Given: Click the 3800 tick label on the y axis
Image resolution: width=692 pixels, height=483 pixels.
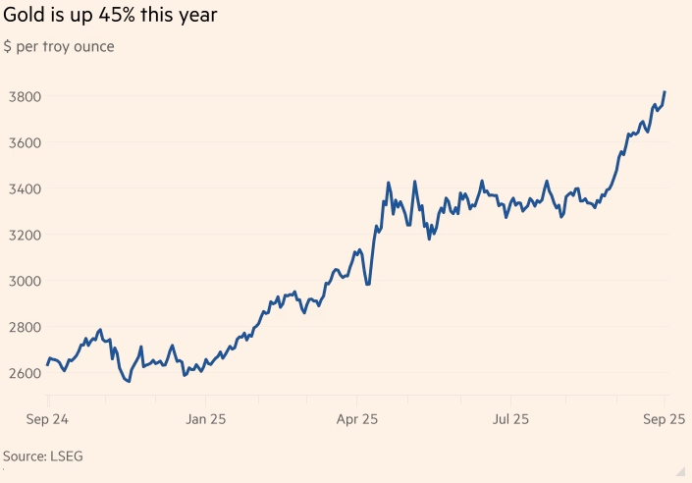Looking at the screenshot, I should (22, 96).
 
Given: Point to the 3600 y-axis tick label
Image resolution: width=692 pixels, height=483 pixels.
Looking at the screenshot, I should (22, 142).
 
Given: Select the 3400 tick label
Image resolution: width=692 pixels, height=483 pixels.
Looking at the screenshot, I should (22, 188).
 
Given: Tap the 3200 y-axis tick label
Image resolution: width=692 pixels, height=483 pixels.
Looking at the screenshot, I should (22, 235).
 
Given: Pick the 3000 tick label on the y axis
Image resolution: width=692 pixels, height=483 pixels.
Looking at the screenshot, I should (22, 281).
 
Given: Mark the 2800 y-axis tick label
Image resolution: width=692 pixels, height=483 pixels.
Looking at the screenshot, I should (22, 327).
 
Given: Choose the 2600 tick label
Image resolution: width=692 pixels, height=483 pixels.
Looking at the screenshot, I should (22, 373).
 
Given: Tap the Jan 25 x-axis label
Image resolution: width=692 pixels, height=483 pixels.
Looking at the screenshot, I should (206, 419).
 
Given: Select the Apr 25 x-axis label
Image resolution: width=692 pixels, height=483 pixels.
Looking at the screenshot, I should (357, 419).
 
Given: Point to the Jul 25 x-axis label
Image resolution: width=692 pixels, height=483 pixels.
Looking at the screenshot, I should (509, 419).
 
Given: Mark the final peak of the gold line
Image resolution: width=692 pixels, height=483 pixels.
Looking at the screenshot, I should (665, 92).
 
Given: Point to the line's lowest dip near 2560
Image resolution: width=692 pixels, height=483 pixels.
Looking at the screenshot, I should (129, 381).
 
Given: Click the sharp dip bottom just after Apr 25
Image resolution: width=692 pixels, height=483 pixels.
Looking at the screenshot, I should (368, 285).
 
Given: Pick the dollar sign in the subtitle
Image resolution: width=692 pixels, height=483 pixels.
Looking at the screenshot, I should (8, 47).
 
